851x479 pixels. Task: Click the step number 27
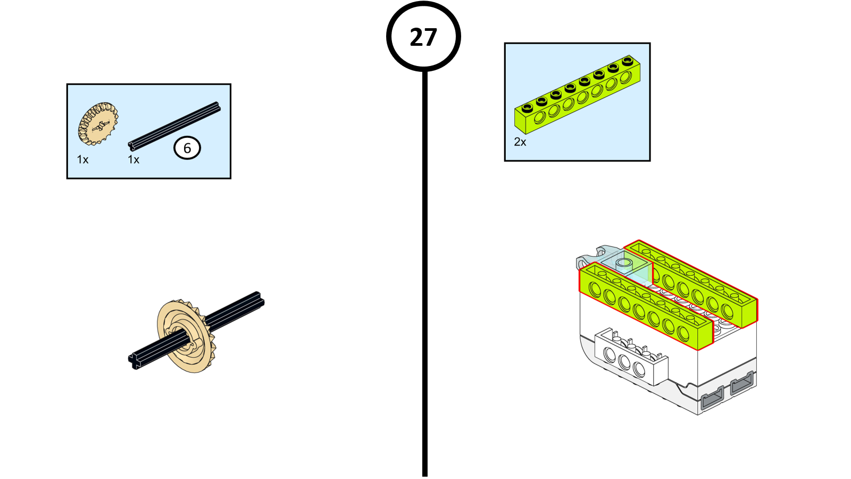click(x=423, y=37)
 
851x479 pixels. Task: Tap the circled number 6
click(x=187, y=148)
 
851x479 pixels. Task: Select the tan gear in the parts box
click(x=98, y=124)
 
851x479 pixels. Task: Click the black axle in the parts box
click(x=174, y=126)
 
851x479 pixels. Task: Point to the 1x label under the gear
click(x=82, y=160)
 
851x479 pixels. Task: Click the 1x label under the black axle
click(x=134, y=160)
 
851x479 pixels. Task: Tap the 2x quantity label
click(x=520, y=142)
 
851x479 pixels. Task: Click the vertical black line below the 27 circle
click(x=425, y=266)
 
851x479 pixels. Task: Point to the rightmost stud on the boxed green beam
click(x=628, y=61)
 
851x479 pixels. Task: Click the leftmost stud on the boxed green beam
click(x=527, y=108)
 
